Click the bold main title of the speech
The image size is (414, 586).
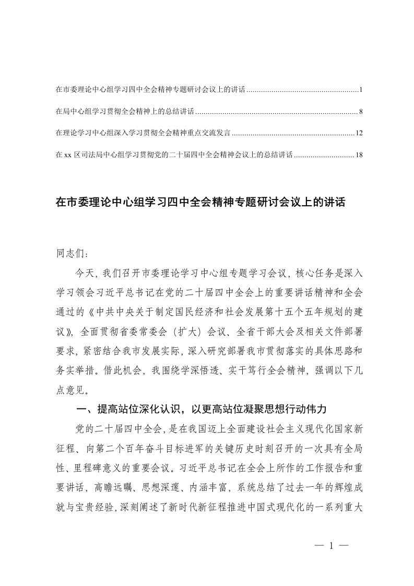(200, 202)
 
